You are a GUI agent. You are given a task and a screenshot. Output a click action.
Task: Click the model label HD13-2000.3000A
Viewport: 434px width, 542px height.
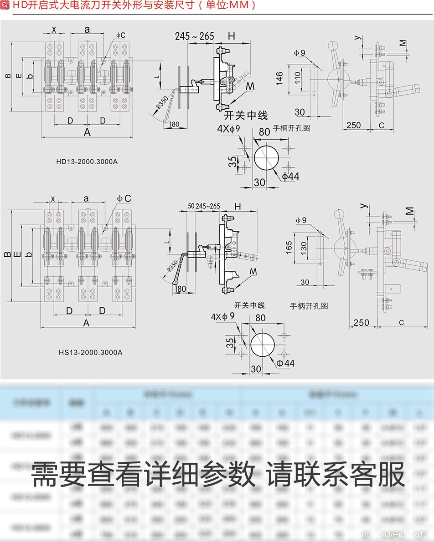point(87,161)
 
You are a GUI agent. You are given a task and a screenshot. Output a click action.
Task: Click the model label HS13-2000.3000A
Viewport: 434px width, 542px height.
point(90,352)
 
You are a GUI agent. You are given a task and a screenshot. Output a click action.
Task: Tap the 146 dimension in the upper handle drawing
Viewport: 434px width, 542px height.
point(279,78)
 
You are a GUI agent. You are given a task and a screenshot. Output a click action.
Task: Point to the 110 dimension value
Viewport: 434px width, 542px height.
point(297,78)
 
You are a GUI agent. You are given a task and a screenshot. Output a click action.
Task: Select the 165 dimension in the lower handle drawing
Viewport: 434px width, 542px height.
point(289,247)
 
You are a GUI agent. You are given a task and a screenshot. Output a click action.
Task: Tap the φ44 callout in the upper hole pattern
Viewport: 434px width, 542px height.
point(290,176)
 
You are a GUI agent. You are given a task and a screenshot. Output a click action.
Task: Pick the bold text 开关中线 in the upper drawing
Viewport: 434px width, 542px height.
point(246,116)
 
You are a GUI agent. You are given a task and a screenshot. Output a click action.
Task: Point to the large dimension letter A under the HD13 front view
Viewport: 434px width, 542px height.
point(87,132)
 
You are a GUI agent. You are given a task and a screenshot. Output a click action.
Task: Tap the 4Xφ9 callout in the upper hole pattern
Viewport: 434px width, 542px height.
point(228,129)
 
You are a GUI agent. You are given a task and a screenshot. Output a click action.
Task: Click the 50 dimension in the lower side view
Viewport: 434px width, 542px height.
point(190,206)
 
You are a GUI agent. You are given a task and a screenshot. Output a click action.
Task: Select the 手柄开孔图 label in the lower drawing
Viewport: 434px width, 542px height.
point(309,306)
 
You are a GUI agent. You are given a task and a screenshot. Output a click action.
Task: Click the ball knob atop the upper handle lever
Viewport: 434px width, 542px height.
point(332,46)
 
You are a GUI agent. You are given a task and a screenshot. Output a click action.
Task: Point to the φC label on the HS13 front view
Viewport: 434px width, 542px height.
point(124,198)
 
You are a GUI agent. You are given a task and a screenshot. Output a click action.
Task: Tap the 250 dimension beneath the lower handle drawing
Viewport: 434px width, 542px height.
point(361,322)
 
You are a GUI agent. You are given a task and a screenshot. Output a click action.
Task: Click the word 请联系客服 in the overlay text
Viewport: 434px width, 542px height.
point(336,474)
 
